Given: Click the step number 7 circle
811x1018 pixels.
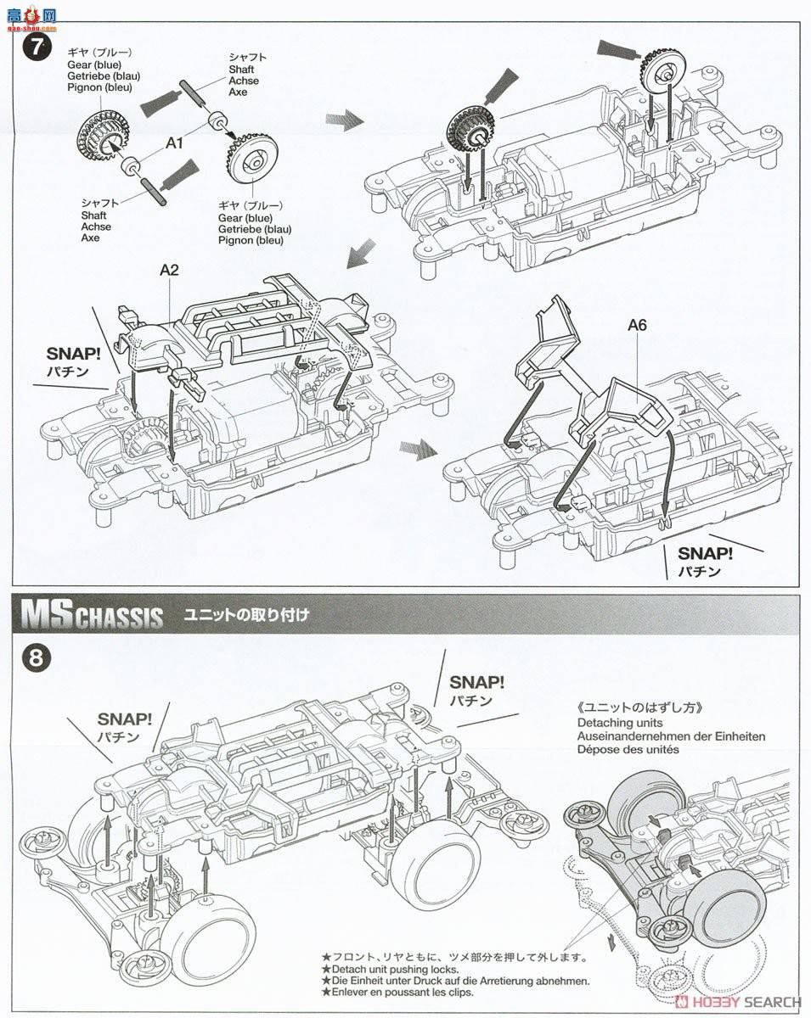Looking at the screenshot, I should (x=35, y=47).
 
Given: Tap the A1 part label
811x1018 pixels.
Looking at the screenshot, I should (x=175, y=144).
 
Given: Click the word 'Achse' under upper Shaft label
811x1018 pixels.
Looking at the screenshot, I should (x=244, y=81).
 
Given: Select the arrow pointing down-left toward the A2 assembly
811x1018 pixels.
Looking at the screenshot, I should (x=361, y=252).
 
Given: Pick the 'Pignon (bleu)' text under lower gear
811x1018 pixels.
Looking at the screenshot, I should (x=252, y=241).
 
